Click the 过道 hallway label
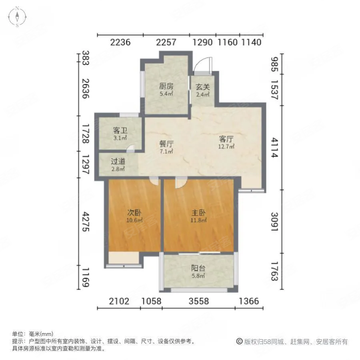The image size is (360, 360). pyautogui.click(x=118, y=162)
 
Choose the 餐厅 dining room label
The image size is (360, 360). pyautogui.click(x=166, y=144)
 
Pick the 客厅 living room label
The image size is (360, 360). pyautogui.click(x=226, y=139)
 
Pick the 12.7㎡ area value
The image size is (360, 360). pyautogui.click(x=226, y=146)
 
